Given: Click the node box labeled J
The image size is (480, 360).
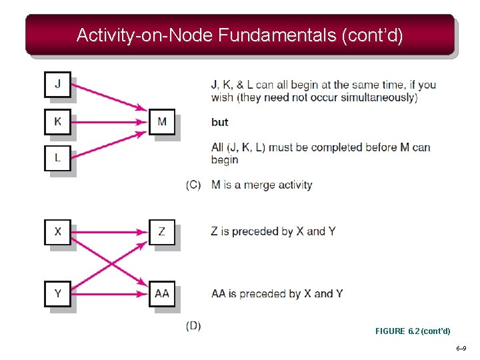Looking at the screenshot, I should tap(57, 85).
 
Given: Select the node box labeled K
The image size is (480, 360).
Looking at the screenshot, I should tap(57, 122).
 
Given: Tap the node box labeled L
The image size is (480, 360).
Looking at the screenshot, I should tap(57, 158).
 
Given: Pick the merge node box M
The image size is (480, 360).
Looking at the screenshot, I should tap(162, 122).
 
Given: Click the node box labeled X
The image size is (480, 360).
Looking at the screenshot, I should tap(57, 232).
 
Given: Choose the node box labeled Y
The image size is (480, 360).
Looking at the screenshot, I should tap(57, 293).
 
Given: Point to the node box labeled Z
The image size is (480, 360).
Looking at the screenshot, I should tap(162, 232).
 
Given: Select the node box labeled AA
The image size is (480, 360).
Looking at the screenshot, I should tap(162, 293).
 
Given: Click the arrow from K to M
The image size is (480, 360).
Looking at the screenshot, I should tap(107, 122).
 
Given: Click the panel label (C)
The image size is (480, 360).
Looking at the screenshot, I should tap(193, 185).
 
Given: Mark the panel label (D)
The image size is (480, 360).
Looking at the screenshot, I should tap(193, 325).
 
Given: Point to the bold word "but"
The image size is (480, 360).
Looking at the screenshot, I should tap(219, 122).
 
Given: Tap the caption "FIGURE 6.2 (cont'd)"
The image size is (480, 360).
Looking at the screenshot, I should tap(413, 331).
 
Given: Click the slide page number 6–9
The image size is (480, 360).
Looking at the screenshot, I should tap(461, 349).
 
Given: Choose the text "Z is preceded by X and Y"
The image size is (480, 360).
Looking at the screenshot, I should tap(273, 231).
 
